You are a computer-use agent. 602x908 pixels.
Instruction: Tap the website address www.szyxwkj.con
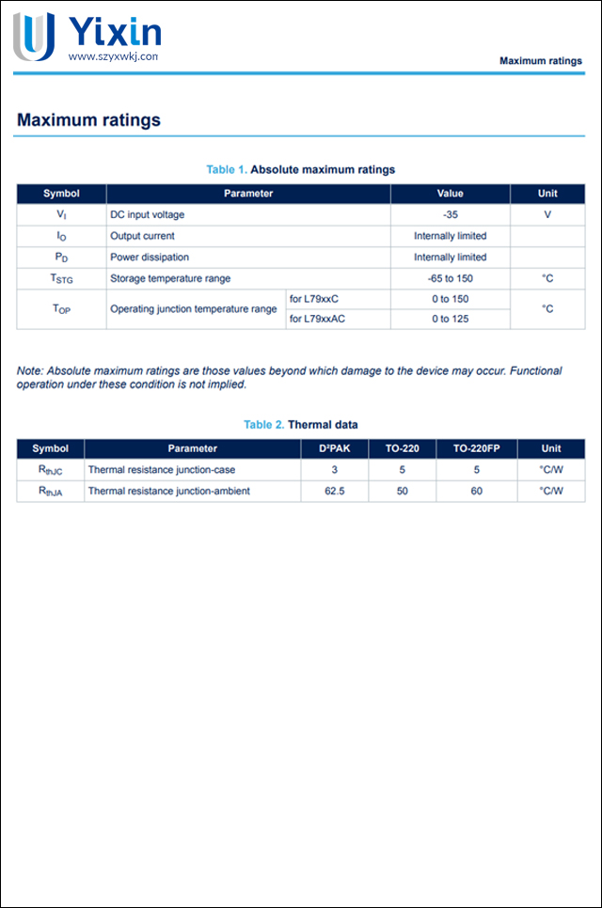[113, 56]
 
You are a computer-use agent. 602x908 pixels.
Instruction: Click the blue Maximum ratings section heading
[88, 120]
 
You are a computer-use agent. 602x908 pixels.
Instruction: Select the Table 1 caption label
[227, 169]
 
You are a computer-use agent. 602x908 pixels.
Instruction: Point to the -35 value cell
[450, 214]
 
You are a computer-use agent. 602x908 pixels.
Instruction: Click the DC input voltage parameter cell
[147, 214]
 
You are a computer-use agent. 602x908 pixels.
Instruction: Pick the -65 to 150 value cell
[450, 278]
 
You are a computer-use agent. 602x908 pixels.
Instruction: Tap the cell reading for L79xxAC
[317, 319]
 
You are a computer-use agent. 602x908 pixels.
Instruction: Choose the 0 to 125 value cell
[450, 319]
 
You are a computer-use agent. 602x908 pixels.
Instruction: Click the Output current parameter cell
[142, 236]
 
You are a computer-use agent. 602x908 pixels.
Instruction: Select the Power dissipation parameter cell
[149, 257]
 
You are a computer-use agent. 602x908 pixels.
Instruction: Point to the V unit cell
[547, 214]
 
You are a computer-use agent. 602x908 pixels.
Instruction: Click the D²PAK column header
[334, 448]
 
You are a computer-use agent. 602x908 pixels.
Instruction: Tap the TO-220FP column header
[477, 448]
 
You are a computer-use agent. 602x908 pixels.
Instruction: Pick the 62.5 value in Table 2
[334, 491]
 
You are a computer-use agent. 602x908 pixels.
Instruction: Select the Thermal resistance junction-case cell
[161, 470]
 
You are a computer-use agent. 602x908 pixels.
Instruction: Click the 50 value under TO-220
[403, 491]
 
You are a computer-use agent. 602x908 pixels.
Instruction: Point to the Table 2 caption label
[263, 425]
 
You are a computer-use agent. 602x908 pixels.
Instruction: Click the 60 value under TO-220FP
[477, 491]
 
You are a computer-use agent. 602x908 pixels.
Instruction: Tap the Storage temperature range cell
[169, 278]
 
